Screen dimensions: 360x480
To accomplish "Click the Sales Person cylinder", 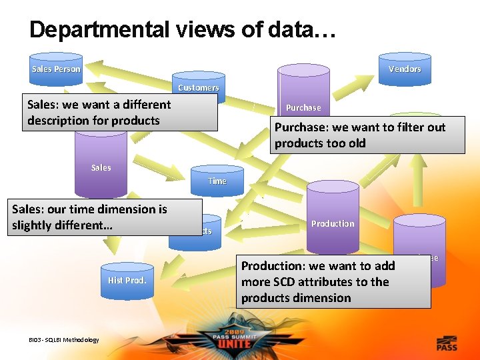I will [x=56, y=69].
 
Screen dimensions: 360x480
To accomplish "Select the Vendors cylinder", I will [x=405, y=69].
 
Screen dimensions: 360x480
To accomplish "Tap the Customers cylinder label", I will [x=198, y=87].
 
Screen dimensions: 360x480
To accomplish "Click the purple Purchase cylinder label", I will [x=303, y=107].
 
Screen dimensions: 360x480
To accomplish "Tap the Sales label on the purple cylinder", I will [x=101, y=167].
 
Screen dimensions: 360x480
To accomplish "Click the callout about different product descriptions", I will [x=120, y=112].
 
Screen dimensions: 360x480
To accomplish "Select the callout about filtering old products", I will [x=367, y=135].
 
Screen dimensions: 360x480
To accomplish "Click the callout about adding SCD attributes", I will [x=333, y=281].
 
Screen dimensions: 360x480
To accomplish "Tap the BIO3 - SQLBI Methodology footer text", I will [x=64, y=340].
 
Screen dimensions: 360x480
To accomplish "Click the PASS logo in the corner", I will [x=447, y=344].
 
